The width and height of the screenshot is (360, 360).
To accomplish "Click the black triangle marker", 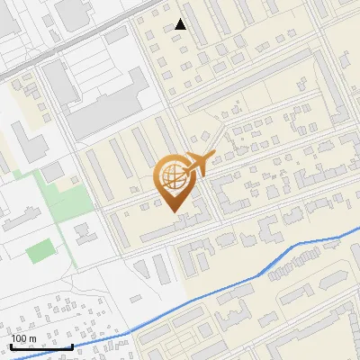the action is [x=181, y=24].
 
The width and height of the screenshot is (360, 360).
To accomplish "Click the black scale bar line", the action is [x=41, y=346].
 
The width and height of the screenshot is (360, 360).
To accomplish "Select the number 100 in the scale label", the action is [x=20, y=338].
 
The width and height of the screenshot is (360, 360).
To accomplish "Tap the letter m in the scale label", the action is [x=33, y=338].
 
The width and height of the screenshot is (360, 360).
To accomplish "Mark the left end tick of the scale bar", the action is [x=11, y=344].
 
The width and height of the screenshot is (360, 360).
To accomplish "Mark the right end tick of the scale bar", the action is [x=72, y=344].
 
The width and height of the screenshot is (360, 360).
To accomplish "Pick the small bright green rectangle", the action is [x=40, y=251].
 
